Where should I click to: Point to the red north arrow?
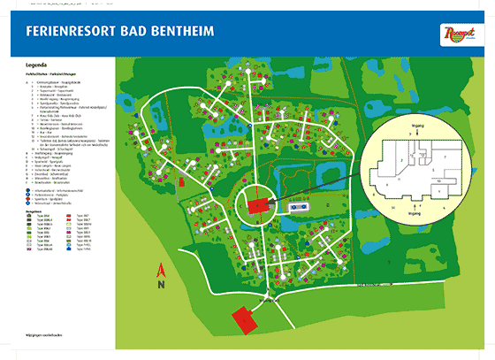click(159, 271)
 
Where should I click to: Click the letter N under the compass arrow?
click(159, 286)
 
